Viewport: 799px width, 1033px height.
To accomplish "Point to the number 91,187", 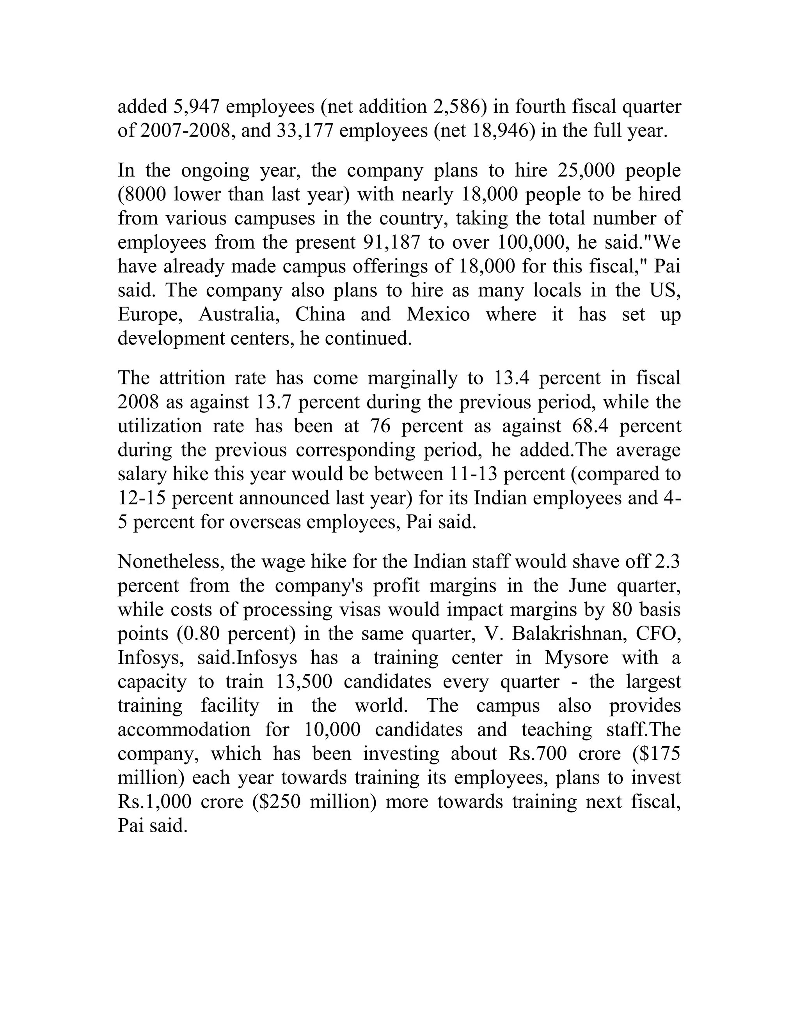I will [391, 242].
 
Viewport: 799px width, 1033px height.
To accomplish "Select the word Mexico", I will [438, 314].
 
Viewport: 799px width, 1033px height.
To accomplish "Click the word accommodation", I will [184, 729].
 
